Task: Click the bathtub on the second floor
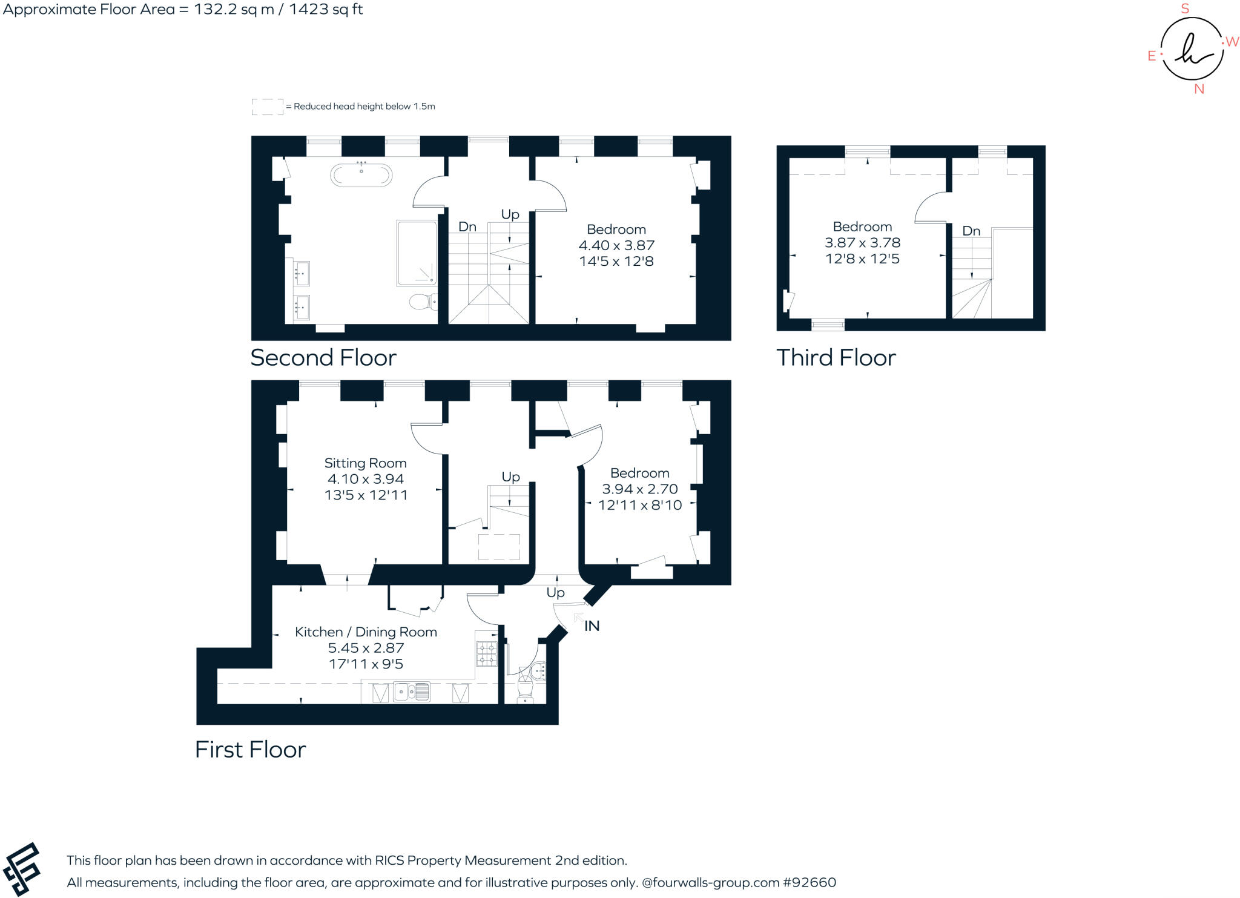coord(361,176)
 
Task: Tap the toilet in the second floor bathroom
coord(421,301)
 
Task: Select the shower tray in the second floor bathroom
coord(417,253)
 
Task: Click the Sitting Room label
coord(365,463)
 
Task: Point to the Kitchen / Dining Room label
coord(366,632)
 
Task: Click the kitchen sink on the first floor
coord(411,692)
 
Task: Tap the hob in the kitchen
coord(486,654)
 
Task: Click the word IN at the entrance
coord(592,626)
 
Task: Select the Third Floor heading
coord(836,358)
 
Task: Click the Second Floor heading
coord(323,358)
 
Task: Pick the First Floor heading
coord(250,750)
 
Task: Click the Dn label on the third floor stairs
coord(971,231)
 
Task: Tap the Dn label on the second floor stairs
coord(467,227)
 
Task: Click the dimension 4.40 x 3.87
coord(616,245)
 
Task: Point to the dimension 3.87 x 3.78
coord(862,243)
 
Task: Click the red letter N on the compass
coord(1199,89)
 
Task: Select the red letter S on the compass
coord(1185,9)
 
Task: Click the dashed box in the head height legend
coord(267,107)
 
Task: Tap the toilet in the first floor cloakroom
coord(525,690)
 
